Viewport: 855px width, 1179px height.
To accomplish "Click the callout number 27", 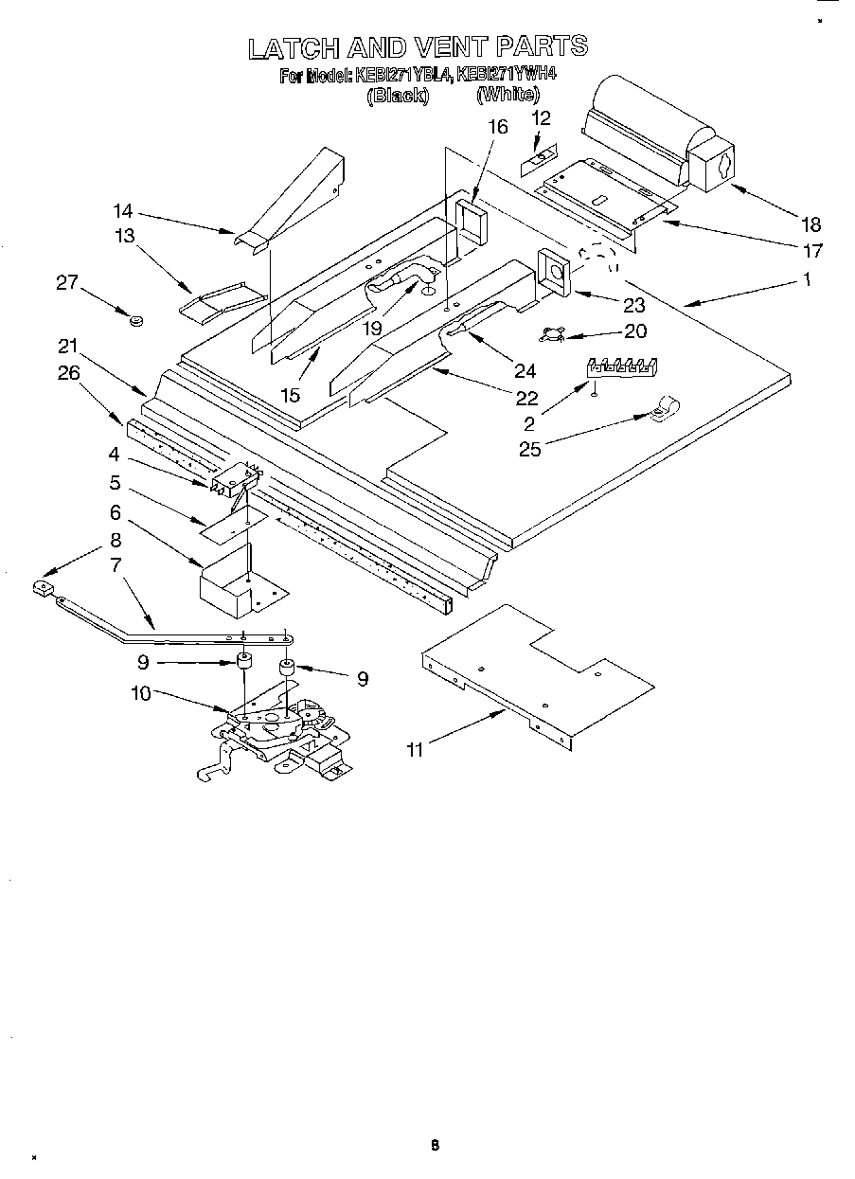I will [x=65, y=282].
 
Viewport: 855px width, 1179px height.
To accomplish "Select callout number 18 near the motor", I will [x=810, y=224].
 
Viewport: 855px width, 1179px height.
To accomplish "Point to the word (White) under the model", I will [x=508, y=94].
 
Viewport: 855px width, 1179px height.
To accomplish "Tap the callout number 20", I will [x=636, y=330].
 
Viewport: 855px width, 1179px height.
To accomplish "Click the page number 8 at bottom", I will [x=435, y=1146].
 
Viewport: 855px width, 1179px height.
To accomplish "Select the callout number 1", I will [x=808, y=279].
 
